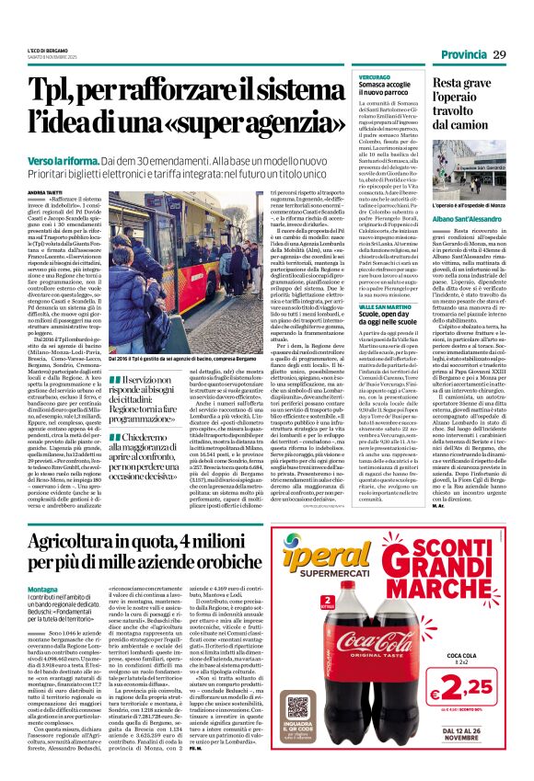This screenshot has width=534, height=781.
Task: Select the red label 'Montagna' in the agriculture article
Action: (46, 589)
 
